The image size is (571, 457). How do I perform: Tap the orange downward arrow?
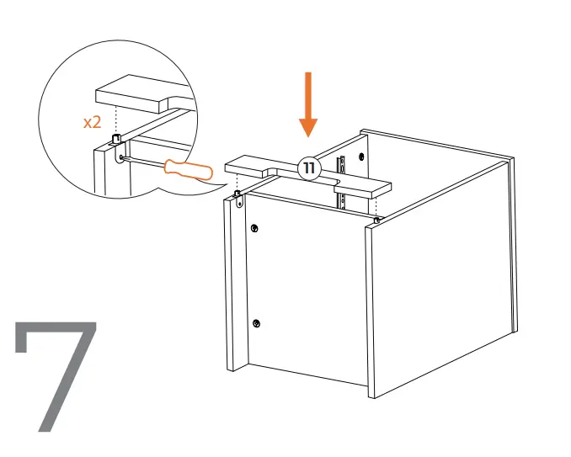pos(309,105)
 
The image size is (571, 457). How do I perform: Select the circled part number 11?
pos(309,168)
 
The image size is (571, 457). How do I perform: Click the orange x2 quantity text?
pos(92,122)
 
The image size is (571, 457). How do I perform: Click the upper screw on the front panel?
pos(254,228)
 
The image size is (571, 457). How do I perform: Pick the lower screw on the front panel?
pos(257,324)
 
